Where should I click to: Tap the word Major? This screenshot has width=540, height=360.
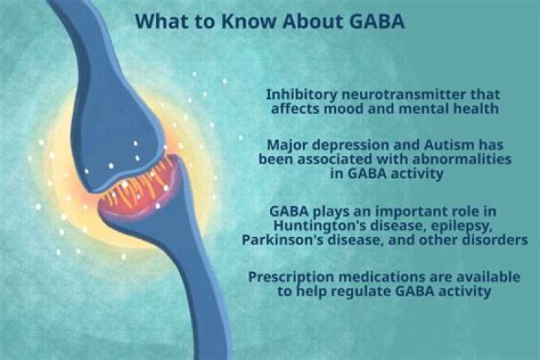(x=287, y=144)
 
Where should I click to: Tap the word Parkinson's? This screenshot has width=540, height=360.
(x=282, y=240)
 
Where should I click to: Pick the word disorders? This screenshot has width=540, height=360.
(x=491, y=240)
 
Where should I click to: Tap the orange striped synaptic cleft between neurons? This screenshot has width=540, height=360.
(x=138, y=190)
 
